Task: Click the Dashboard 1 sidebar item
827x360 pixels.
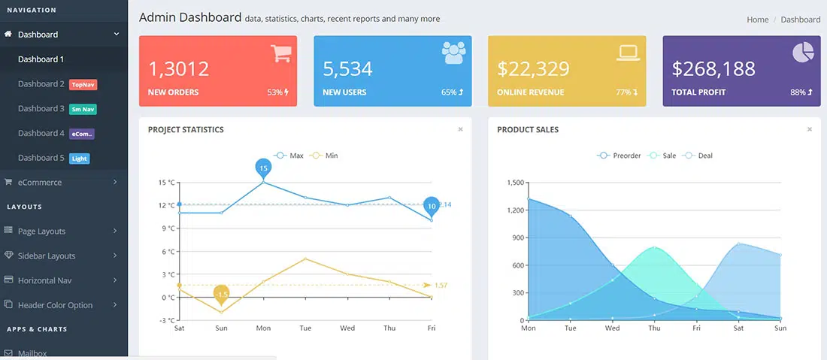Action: (x=41, y=59)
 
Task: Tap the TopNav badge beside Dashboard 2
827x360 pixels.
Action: (x=83, y=85)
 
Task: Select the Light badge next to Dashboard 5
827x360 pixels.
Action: (x=79, y=159)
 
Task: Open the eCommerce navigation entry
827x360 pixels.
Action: (x=39, y=182)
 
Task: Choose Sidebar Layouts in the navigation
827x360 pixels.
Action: (x=47, y=256)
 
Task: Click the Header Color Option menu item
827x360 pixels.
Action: (x=55, y=305)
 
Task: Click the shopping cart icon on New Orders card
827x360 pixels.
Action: (x=281, y=53)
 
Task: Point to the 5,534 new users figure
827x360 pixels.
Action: (x=347, y=69)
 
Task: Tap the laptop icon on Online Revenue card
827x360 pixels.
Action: (x=628, y=53)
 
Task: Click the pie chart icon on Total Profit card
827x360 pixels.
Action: (x=803, y=53)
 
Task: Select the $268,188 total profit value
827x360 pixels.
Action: (x=713, y=69)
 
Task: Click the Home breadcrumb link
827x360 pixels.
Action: (x=757, y=20)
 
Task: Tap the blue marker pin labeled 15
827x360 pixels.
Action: (x=263, y=168)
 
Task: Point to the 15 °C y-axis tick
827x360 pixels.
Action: (x=166, y=182)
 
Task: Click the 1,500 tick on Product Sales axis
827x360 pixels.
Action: (x=515, y=183)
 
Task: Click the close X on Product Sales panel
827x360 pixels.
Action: (x=810, y=129)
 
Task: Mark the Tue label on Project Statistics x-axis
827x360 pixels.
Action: (x=305, y=328)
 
